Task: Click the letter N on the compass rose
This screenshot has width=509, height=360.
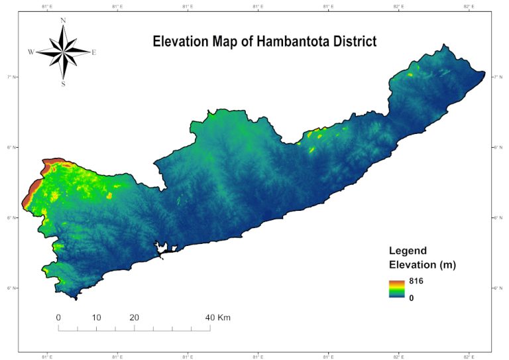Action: tap(63, 21)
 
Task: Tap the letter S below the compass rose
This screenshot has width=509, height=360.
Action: tap(63, 84)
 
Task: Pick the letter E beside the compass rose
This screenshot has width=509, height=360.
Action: tap(94, 52)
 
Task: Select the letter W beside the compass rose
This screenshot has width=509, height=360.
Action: tap(31, 52)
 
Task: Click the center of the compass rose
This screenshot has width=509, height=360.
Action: tap(63, 52)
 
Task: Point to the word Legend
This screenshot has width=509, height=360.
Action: tap(408, 251)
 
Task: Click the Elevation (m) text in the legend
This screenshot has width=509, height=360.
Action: tap(422, 265)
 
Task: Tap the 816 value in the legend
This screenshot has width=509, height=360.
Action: tap(416, 281)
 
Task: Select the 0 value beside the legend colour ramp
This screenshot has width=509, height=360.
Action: tap(411, 298)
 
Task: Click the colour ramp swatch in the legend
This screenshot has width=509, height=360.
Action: tap(396, 289)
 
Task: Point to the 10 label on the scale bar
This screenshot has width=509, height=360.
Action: tap(96, 318)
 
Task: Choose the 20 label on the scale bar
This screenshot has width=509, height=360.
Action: tap(134, 318)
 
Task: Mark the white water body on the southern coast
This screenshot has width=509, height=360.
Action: tap(163, 249)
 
